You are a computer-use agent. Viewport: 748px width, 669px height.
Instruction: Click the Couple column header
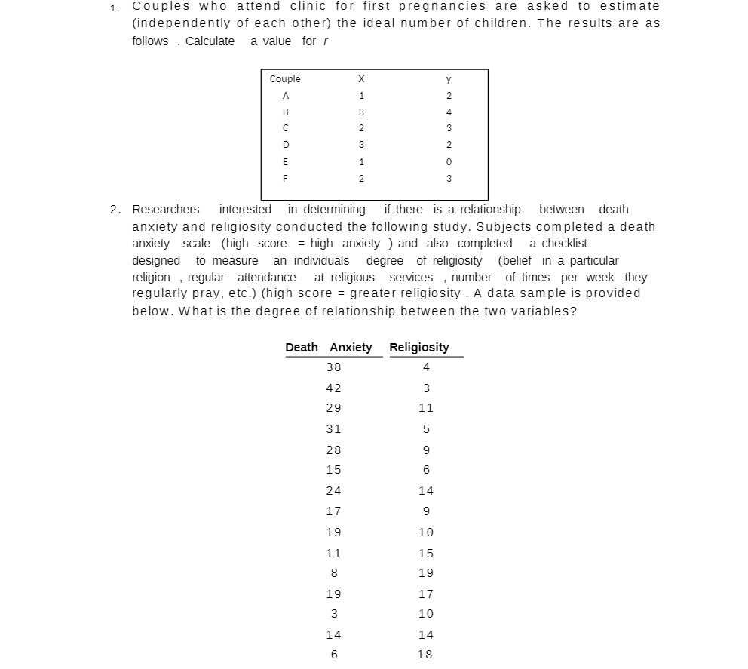(x=285, y=79)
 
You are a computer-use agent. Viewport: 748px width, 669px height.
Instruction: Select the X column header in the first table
(x=361, y=79)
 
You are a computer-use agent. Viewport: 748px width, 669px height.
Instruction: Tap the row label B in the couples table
(x=286, y=112)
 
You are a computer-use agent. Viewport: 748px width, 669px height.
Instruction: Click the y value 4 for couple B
(x=449, y=112)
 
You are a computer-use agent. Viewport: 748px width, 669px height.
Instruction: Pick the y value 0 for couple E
(x=449, y=162)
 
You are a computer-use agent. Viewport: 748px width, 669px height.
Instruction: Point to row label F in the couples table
(x=286, y=179)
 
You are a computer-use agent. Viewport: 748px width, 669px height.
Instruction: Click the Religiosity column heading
(x=419, y=348)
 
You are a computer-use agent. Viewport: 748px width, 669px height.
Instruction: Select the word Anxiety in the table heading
(x=351, y=348)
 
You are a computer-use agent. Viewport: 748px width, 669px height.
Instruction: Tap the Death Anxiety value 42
(x=333, y=388)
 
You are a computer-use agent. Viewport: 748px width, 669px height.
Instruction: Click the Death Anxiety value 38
(x=333, y=367)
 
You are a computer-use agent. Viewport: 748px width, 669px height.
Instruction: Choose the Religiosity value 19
(x=426, y=573)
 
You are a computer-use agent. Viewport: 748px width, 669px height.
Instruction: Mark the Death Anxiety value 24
(x=333, y=491)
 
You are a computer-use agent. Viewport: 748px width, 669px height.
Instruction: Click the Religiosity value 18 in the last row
(x=425, y=655)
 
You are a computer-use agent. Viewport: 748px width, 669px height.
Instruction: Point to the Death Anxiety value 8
(x=334, y=573)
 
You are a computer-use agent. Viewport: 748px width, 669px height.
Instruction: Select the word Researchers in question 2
(x=166, y=210)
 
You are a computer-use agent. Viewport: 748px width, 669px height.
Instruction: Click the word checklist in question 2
(x=558, y=244)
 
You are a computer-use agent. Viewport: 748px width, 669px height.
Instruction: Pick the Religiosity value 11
(x=426, y=408)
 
